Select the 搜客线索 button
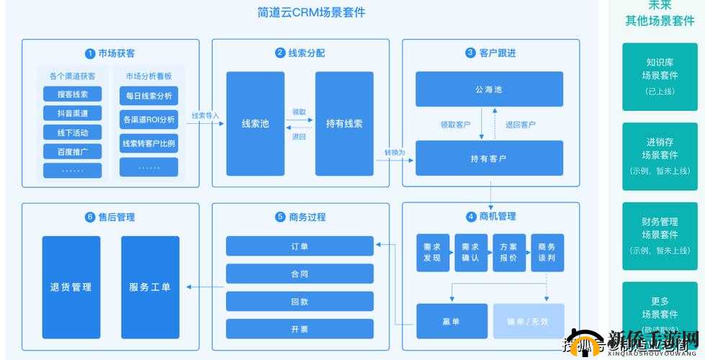point(72,94)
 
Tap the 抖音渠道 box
point(72,113)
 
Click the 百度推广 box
point(72,151)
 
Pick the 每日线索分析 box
point(148,96)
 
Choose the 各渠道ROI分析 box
point(148,120)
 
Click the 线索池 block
point(255,123)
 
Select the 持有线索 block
point(344,123)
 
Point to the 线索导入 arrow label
point(205,115)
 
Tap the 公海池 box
point(489,89)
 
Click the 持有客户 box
point(489,158)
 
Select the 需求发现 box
point(432,252)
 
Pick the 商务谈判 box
point(547,252)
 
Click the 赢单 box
point(452,320)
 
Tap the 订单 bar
point(300,246)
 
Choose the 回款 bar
point(300,301)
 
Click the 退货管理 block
point(71,287)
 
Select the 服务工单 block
point(150,287)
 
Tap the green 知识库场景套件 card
point(660,76)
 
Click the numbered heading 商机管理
point(491,216)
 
